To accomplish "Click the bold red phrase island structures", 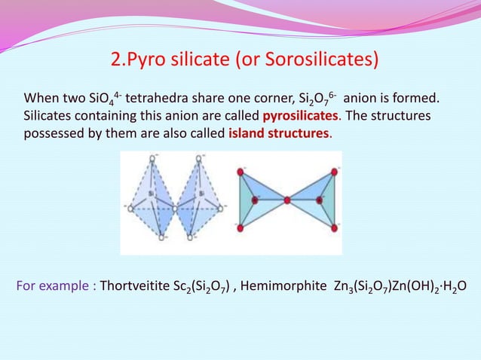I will point(278,134).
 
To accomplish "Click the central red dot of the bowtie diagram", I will point(287,200).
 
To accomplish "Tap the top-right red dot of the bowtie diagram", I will point(333,172).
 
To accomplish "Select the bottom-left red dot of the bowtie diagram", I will point(240,227).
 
